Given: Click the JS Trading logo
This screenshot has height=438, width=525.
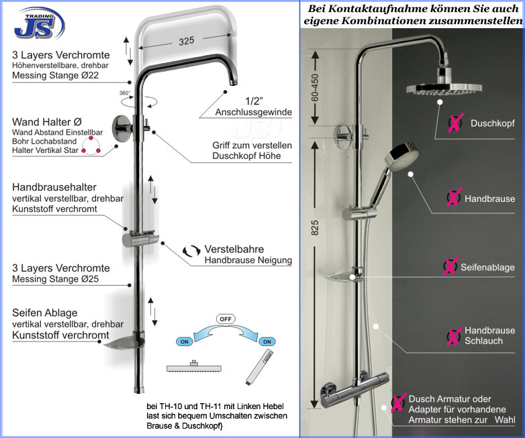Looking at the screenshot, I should click(40, 24).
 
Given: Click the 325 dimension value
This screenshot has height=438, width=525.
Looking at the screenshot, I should click(186, 41).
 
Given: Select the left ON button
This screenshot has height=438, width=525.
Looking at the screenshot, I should click(185, 341).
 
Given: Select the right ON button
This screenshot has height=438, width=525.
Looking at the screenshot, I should click(267, 341).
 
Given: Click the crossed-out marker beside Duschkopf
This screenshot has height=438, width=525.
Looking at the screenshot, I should click(456, 123).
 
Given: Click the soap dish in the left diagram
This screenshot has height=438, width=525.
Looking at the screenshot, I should click(124, 344).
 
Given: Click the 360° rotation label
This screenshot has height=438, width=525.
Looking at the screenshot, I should click(125, 93).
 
